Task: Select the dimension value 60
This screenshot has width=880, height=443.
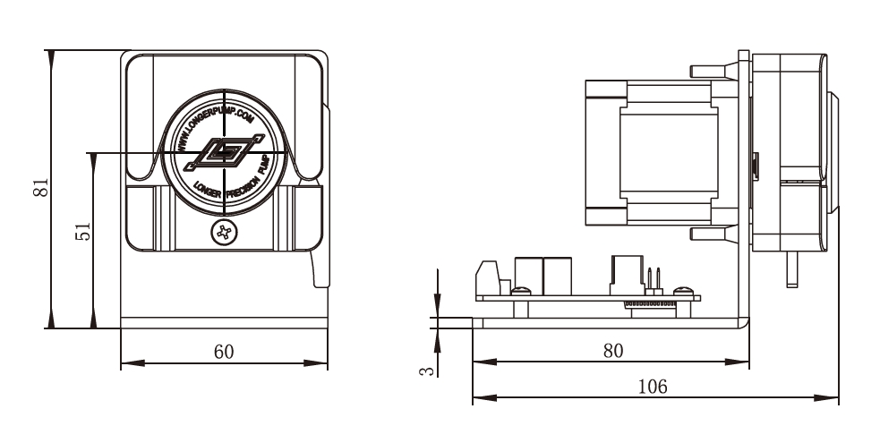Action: [223, 352]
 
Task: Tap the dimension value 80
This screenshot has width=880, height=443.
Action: [612, 351]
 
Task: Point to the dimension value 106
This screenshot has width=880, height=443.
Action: [652, 387]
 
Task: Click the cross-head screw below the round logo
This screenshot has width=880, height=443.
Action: [223, 234]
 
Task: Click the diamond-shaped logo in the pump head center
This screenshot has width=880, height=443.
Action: [223, 153]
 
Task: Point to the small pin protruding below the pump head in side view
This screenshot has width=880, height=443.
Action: [790, 268]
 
